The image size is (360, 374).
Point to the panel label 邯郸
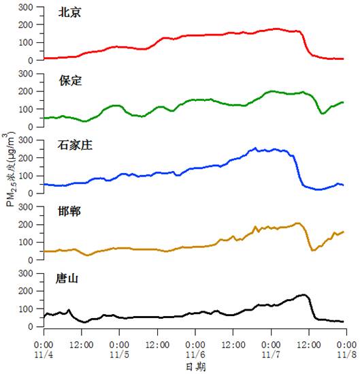click(69, 211)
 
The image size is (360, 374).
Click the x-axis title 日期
click(195, 367)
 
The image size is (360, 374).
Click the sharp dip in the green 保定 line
click(323, 113)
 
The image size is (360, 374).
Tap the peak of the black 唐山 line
click(304, 295)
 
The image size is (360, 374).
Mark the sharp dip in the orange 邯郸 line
click(313, 250)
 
